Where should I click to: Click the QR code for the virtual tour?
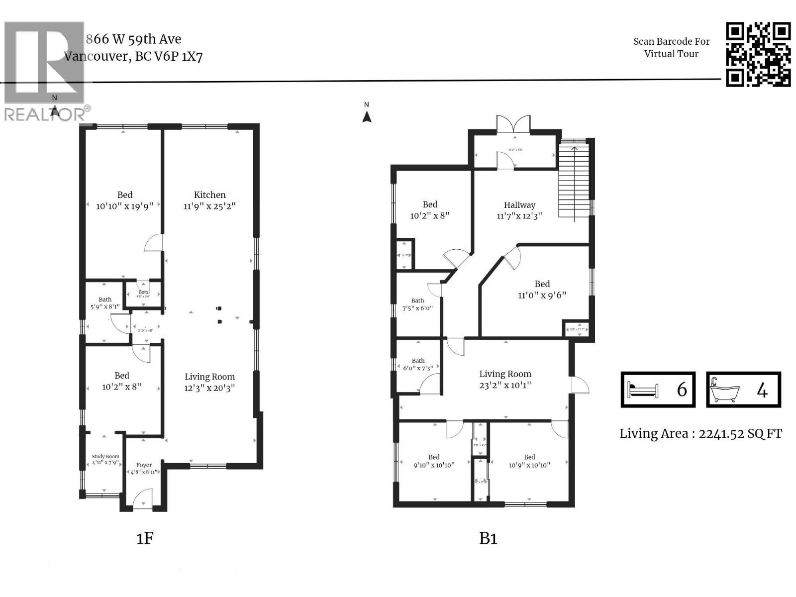click(x=758, y=54)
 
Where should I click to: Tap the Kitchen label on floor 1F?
click(x=209, y=195)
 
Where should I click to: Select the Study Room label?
click(x=105, y=456)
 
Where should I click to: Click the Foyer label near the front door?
click(x=144, y=465)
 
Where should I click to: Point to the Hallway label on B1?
click(x=519, y=205)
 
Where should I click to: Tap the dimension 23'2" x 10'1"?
click(x=505, y=385)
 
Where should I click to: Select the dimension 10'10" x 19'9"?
click(x=124, y=205)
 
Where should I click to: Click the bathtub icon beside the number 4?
click(x=724, y=390)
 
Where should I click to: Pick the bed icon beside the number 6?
click(x=643, y=390)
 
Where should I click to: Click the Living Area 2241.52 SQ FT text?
click(x=700, y=434)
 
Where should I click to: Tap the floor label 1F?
click(x=145, y=538)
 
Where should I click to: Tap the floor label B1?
click(x=488, y=538)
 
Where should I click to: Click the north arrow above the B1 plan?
click(x=367, y=116)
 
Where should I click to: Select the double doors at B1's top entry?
click(x=513, y=124)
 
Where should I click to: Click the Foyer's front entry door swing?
click(x=143, y=497)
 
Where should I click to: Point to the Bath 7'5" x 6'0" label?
click(x=417, y=304)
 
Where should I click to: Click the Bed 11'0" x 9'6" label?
click(x=542, y=289)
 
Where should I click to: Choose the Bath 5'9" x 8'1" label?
click(x=105, y=303)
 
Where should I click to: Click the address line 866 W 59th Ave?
click(x=133, y=39)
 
